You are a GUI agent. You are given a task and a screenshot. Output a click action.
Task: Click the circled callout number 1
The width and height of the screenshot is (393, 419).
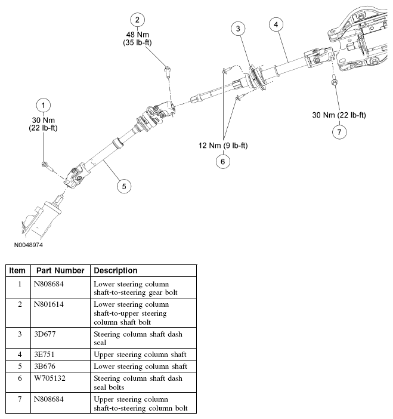pos(43,106)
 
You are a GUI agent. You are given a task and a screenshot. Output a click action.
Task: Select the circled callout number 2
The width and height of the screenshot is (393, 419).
pos(138,20)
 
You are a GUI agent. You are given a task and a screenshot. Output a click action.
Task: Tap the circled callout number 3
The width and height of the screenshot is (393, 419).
pos(238,28)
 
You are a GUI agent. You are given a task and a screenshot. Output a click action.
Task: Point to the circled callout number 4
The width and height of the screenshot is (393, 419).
pos(275,24)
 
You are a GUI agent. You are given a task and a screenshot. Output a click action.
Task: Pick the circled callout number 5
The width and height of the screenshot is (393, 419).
pos(123,186)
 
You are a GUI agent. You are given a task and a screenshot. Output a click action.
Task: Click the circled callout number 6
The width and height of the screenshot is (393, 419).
pos(223,161)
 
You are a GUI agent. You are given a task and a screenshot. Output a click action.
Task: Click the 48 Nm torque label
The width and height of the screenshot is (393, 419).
pos(138,35)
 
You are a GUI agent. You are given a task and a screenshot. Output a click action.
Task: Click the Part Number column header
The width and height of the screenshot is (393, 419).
pos(60,270)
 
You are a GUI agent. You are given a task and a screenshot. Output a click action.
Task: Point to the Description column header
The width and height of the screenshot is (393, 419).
pos(116,270)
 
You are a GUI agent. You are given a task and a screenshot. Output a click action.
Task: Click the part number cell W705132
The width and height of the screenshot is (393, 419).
pos(51,378)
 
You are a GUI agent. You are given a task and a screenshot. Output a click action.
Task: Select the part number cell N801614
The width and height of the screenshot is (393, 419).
pos(51,304)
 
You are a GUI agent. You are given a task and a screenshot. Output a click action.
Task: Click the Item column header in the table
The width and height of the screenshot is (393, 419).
pos(17,270)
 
